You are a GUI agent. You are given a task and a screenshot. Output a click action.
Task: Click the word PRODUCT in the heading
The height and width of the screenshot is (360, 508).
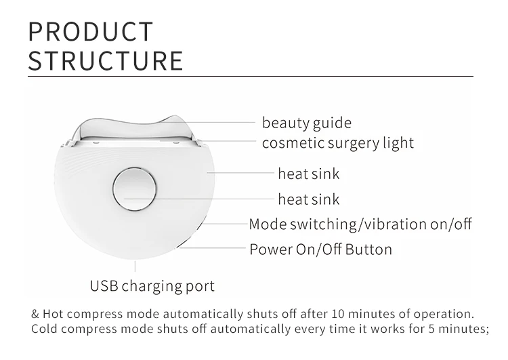[x=91, y=32]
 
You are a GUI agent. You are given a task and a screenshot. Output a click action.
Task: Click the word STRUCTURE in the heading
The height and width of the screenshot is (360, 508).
[x=106, y=60]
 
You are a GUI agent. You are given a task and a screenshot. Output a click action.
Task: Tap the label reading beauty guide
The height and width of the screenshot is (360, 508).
[x=307, y=123]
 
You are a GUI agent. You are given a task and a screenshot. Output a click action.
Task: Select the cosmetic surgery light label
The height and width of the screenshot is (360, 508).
[x=338, y=143]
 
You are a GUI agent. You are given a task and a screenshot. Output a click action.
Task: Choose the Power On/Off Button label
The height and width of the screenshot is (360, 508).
[x=320, y=249]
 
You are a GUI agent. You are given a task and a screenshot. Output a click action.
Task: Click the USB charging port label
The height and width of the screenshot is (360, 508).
[x=152, y=285]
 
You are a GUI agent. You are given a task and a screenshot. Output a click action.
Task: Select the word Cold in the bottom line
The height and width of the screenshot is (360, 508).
[x=45, y=329]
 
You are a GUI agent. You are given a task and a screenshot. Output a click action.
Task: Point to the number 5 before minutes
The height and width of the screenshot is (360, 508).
[x=422, y=329]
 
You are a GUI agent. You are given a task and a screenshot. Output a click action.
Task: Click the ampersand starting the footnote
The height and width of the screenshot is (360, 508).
[x=36, y=315]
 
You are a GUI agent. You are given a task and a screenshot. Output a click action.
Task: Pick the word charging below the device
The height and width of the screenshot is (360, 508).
[x=152, y=285]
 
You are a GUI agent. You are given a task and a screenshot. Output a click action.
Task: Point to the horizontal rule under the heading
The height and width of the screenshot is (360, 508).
[x=251, y=77]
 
